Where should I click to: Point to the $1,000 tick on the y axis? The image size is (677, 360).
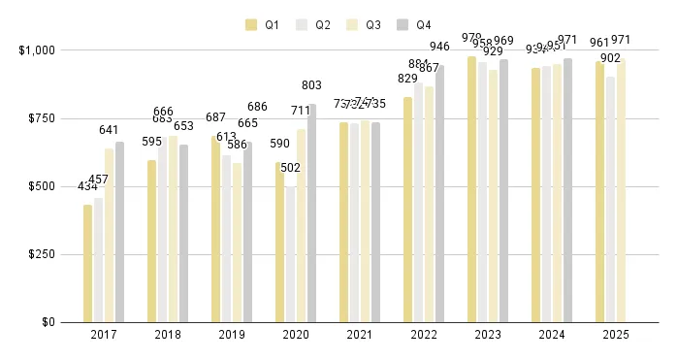[37, 49]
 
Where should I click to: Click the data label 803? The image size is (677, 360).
[311, 85]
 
